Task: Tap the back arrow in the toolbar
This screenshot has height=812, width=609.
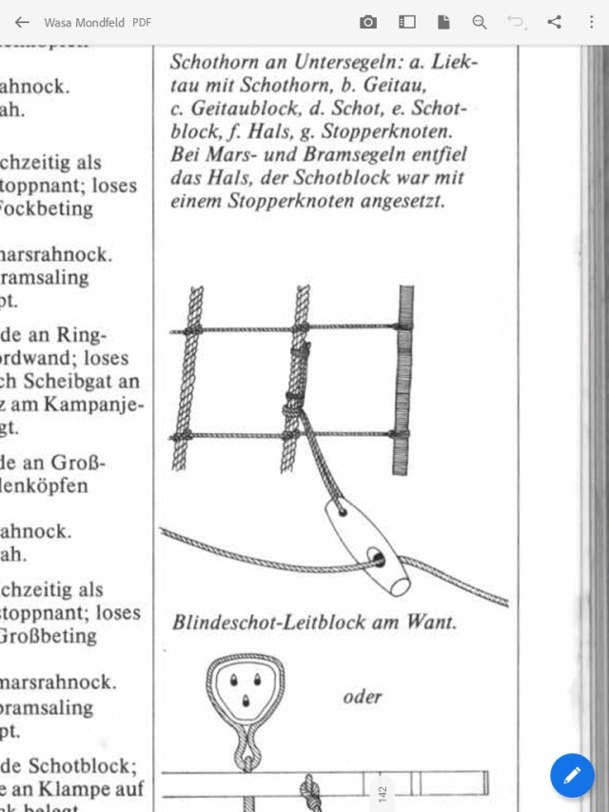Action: (x=22, y=22)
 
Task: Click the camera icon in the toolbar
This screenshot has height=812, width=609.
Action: (x=368, y=22)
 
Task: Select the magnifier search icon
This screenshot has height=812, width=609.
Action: (x=480, y=22)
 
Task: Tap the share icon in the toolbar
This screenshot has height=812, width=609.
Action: (x=554, y=22)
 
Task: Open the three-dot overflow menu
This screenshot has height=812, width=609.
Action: (x=591, y=22)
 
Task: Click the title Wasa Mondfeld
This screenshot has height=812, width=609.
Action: (x=84, y=22)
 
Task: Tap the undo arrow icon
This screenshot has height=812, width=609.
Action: (x=516, y=22)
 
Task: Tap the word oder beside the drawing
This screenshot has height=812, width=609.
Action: (x=363, y=697)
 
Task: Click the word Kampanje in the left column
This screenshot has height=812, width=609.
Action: (x=95, y=406)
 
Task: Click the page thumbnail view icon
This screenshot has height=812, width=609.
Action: (x=407, y=22)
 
